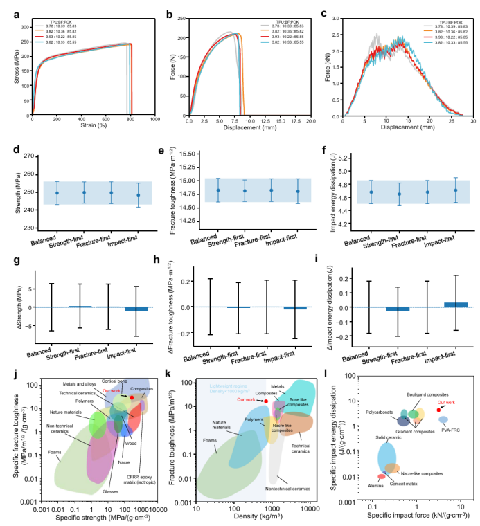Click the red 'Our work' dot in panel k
coord(266,401)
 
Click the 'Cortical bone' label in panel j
coord(114,380)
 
